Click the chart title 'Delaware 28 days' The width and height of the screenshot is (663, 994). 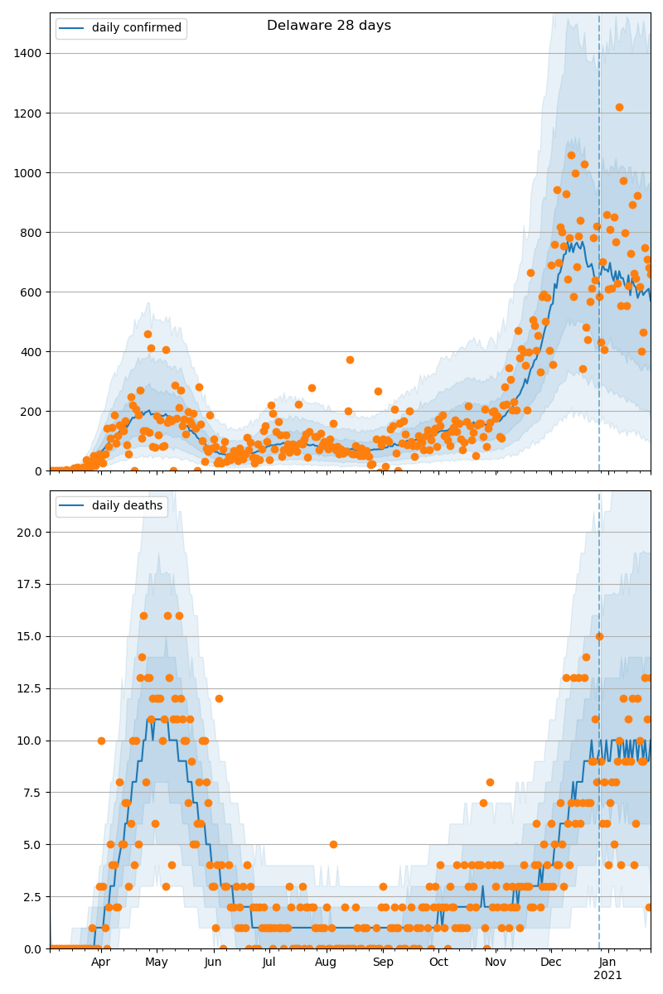coord(329,26)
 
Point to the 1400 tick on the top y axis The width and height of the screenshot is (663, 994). coord(29,53)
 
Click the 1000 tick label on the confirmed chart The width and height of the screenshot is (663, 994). coord(29,172)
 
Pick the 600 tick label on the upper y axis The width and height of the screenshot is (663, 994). coord(32,292)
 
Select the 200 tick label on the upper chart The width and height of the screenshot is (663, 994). coord(32,411)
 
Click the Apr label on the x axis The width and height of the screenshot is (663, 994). coord(101,963)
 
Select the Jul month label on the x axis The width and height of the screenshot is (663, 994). coord(269,963)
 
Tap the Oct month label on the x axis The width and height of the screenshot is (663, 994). coord(438,963)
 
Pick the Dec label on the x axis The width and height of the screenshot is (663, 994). coord(551,963)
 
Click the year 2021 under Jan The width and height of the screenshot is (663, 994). coord(607,976)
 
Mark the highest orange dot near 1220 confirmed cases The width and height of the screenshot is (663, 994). coord(619,107)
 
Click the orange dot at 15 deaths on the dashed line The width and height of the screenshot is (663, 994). coord(599,636)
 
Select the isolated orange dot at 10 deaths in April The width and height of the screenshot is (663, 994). coord(101,741)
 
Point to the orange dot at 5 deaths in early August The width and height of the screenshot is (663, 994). coord(333,844)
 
